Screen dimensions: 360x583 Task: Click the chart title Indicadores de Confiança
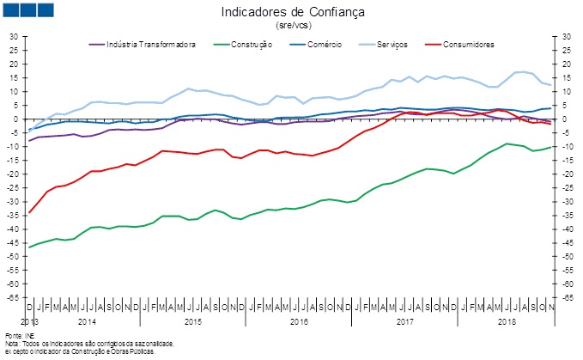293,12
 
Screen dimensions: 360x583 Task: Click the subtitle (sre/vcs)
293,26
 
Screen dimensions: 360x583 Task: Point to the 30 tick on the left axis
13,37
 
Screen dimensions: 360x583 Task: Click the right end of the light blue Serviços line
550,85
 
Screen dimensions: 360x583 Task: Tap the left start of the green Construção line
29,247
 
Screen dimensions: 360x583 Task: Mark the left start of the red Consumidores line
29,212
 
